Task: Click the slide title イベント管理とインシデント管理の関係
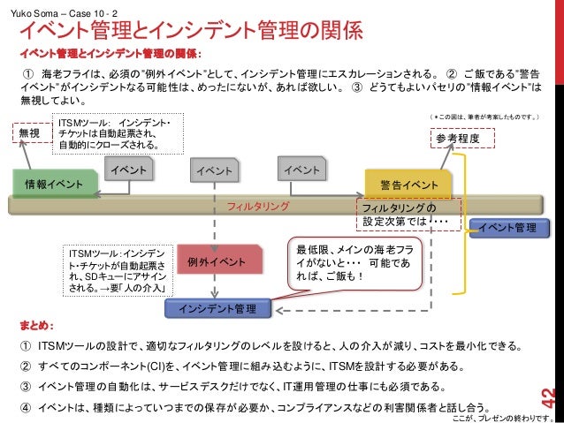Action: (191, 33)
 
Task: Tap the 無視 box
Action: (30, 132)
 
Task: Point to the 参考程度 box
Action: (463, 139)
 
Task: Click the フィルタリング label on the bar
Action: (259, 206)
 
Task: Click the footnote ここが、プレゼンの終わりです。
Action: (503, 416)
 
